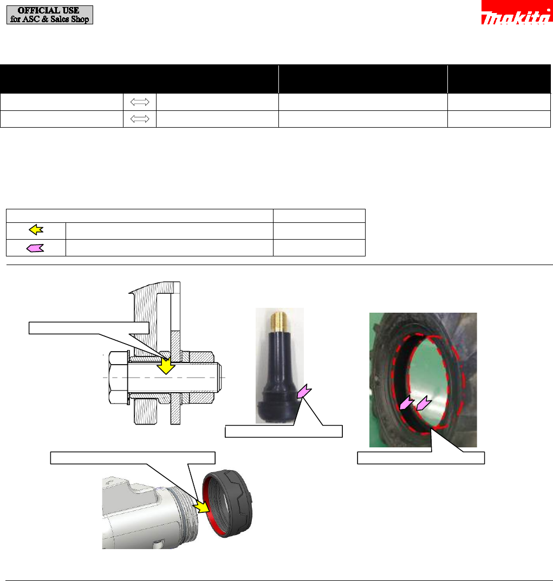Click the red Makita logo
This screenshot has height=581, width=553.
pyautogui.click(x=517, y=12)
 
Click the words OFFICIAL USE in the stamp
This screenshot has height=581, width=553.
pyautogui.click(x=49, y=10)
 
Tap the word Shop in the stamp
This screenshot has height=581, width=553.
pyautogui.click(x=80, y=19)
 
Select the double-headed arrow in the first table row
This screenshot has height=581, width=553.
pyautogui.click(x=140, y=102)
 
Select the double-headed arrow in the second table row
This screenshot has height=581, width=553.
pyautogui.click(x=140, y=119)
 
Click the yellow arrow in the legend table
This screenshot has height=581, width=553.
pyautogui.click(x=36, y=230)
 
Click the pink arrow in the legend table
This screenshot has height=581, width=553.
pyautogui.click(x=35, y=248)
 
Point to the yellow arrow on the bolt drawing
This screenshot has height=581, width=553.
pyautogui.click(x=166, y=366)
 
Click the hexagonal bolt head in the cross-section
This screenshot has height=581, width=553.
pyautogui.click(x=118, y=377)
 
